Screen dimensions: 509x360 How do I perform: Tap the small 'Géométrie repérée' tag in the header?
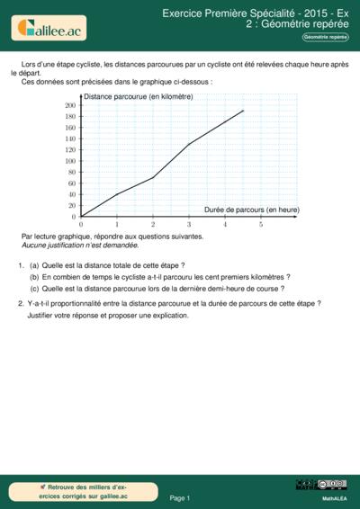(x=325, y=37)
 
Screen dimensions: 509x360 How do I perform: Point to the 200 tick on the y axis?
(x=70, y=105)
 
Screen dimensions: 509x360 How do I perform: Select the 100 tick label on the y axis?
(x=70, y=161)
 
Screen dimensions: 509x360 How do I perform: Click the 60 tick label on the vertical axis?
(x=72, y=183)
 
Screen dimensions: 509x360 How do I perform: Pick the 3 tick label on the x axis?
(x=189, y=224)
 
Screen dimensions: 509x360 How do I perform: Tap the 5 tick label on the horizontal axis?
(x=261, y=224)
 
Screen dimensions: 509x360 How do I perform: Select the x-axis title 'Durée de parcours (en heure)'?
(x=251, y=210)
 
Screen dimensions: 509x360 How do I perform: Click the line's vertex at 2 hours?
(x=153, y=177)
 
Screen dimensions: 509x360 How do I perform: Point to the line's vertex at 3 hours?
(x=189, y=144)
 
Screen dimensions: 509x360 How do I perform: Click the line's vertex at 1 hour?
(x=117, y=194)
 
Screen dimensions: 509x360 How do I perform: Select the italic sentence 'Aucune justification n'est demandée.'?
(x=80, y=245)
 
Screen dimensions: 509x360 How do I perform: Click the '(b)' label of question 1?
(x=34, y=278)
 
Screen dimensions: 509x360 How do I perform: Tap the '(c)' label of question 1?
(x=34, y=290)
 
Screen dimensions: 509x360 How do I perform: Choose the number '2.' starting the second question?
(x=21, y=304)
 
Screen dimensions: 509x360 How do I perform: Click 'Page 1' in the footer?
(x=180, y=497)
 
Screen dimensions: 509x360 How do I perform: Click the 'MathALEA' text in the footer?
(x=334, y=497)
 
